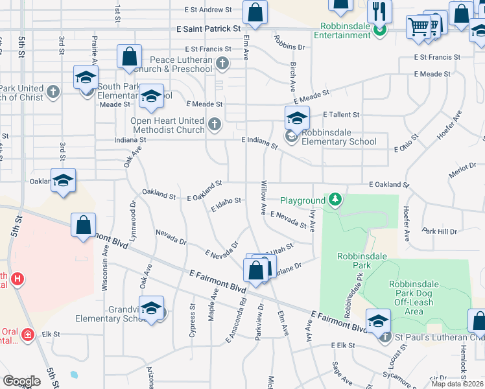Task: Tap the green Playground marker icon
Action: pos(335,200)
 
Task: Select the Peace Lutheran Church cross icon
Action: pos(222,64)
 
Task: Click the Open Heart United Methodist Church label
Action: pos(167,125)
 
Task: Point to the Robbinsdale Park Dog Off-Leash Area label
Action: pos(413,298)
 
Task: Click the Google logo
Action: pos(21,381)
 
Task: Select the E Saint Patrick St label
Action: pos(208,29)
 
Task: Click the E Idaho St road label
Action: pos(226,204)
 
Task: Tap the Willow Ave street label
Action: pos(263,198)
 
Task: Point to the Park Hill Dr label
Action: pos(440,231)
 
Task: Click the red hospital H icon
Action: pos(18,279)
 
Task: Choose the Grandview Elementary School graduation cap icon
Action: pos(151,308)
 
